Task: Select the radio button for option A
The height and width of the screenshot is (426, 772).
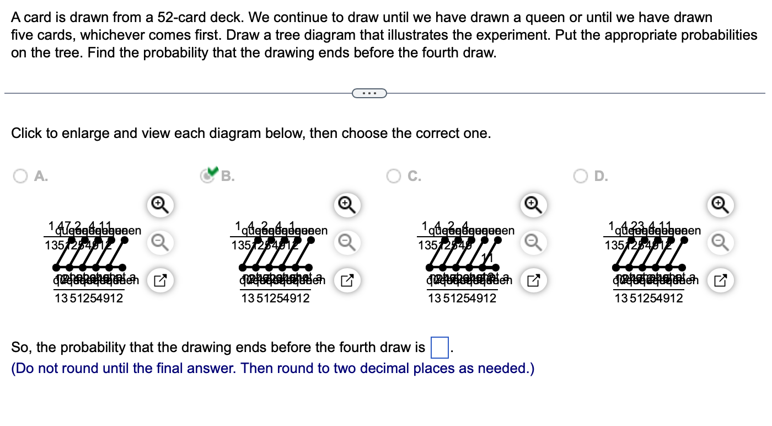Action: click(20, 176)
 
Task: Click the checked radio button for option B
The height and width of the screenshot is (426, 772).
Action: click(208, 175)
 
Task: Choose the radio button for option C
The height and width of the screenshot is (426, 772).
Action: click(394, 176)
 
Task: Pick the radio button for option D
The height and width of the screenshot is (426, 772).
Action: click(581, 176)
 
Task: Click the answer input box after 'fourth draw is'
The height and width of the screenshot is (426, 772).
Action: click(439, 348)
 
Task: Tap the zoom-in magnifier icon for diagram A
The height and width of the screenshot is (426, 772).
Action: click(158, 205)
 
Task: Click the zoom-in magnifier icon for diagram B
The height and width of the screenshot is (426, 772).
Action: click(345, 205)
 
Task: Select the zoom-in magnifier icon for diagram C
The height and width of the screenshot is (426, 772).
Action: click(532, 205)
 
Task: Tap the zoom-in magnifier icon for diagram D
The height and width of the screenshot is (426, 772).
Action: click(719, 205)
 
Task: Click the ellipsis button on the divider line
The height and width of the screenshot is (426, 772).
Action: click(369, 93)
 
